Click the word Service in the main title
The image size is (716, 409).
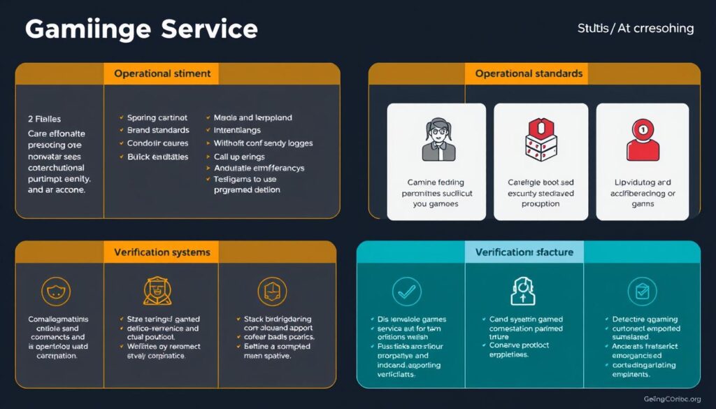[209, 29]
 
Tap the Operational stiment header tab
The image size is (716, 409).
[162, 73]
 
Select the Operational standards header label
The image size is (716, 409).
[529, 73]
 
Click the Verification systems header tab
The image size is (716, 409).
[162, 252]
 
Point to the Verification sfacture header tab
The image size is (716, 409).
[524, 252]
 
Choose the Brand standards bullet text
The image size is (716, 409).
[158, 130]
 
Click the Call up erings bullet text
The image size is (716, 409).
[238, 157]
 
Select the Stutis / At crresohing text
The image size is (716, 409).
[636, 29]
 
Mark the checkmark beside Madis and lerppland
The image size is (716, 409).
[208, 117]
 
